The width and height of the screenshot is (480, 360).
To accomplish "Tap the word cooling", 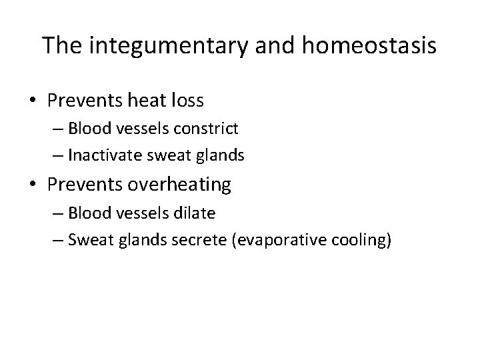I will [361, 240].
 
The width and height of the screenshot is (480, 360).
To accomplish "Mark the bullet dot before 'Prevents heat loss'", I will [33, 102].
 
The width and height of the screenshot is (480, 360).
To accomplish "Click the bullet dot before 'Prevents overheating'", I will [33, 185].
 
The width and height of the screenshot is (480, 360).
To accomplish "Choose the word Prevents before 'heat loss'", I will [85, 101].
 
